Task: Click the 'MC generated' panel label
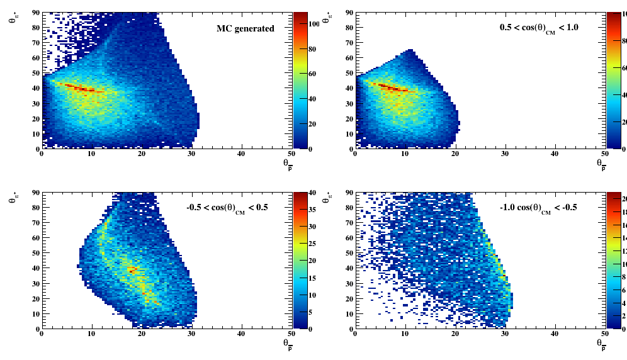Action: pyautogui.click(x=246, y=28)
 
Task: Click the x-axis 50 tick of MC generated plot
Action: pyautogui.click(x=291, y=154)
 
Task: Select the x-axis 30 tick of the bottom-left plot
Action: pyautogui.click(x=191, y=334)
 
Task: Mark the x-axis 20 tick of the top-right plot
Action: pyautogui.click(x=455, y=154)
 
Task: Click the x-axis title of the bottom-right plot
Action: pyautogui.click(x=601, y=344)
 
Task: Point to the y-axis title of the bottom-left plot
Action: pyautogui.click(x=13, y=200)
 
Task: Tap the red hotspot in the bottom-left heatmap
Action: pyautogui.click(x=132, y=269)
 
